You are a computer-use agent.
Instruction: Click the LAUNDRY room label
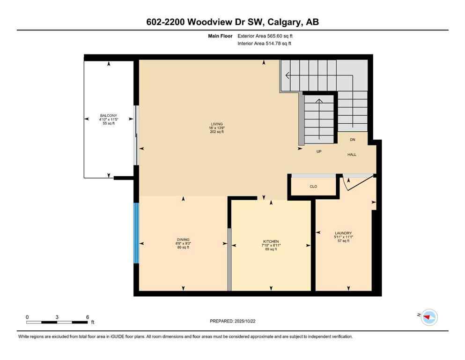343,233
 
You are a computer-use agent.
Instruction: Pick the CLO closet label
313,187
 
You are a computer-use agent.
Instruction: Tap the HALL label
352,154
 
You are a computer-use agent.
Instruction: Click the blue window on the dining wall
136,233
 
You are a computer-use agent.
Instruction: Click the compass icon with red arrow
428,317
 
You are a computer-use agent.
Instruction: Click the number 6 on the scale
87,317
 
